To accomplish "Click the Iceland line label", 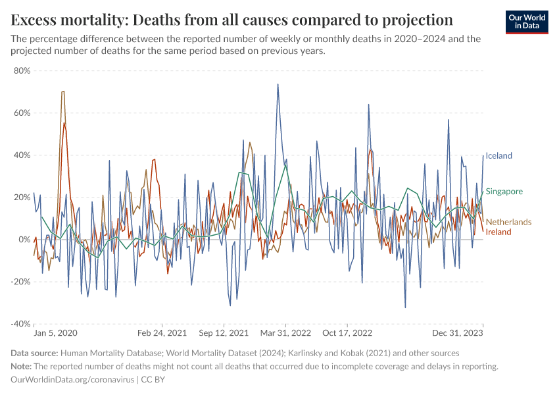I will pos(498,156).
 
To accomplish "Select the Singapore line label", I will pos(504,192).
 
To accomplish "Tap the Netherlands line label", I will pos(508,223).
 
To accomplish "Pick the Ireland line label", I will pos(498,232).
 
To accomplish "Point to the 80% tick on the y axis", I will pos(22,71).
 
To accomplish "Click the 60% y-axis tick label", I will pos(22,113).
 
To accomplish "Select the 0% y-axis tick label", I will pos(24,240).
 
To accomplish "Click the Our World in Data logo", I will pos(527,22).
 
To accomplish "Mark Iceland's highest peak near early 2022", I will pos(278,84).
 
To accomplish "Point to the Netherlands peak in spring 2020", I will pos(63,92).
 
